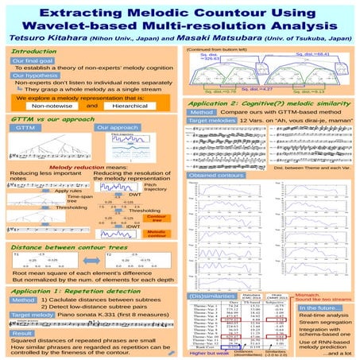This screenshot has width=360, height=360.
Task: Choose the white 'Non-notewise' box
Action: point(52,105)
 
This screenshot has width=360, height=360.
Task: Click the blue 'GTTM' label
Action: point(26,128)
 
